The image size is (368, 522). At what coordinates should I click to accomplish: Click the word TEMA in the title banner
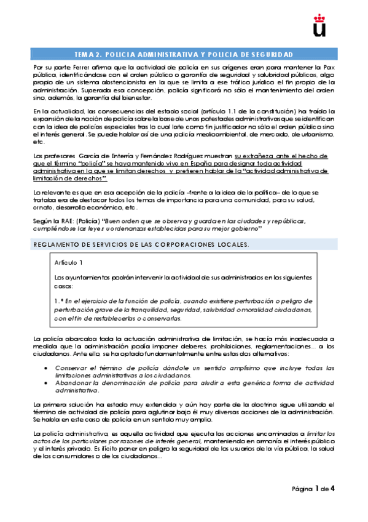tap(84, 54)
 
